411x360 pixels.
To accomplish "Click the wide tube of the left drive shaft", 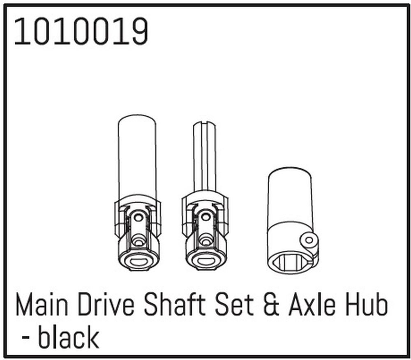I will (x=137, y=156).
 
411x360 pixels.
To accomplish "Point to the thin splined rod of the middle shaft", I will (x=205, y=156).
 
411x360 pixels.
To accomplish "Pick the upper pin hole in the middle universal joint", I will (x=206, y=217).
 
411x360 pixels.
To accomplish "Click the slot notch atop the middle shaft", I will (x=205, y=123).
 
